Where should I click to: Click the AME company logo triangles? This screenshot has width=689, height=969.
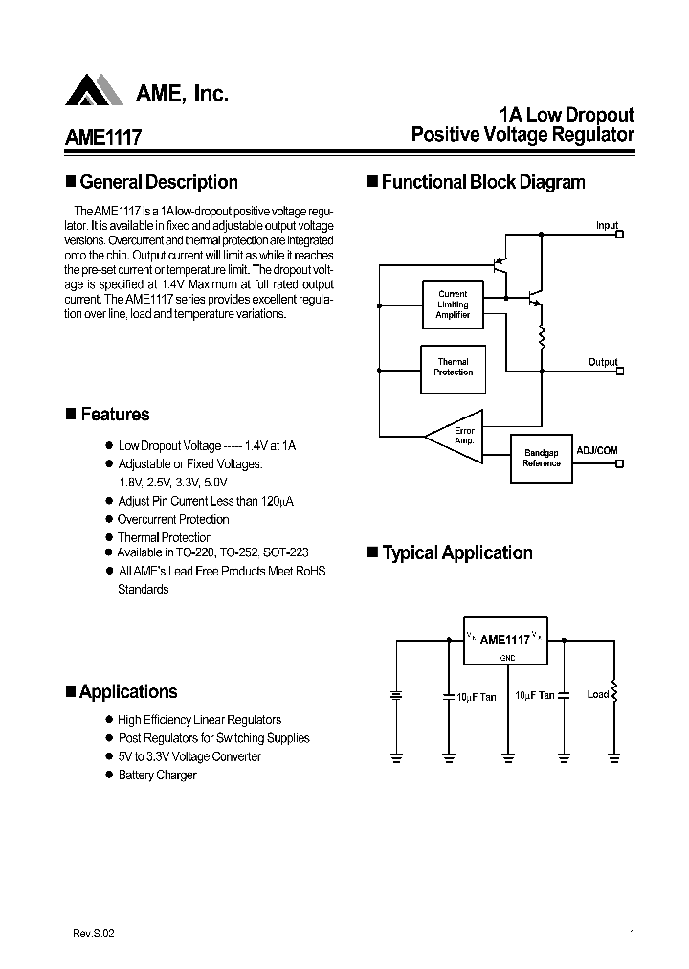click(95, 90)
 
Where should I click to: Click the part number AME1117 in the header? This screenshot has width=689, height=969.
click(103, 137)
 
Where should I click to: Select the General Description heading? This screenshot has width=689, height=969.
click(158, 182)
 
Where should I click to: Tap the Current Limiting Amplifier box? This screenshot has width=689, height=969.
click(453, 304)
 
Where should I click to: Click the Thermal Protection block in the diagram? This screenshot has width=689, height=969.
click(453, 367)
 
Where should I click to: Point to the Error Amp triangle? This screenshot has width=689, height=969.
click(454, 437)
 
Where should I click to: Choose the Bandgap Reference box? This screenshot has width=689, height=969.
click(542, 458)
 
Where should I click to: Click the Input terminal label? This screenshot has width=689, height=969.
click(607, 226)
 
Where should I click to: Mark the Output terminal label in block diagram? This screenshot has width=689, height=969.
click(603, 362)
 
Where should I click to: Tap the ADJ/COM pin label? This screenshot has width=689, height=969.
click(597, 449)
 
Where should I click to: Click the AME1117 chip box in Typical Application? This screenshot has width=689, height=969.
click(505, 639)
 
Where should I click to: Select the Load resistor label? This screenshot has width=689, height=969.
click(598, 694)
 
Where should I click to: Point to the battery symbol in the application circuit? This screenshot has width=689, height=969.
click(395, 696)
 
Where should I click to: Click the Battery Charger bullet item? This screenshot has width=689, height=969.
click(157, 776)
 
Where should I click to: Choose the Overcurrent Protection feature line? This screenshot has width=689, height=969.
click(173, 519)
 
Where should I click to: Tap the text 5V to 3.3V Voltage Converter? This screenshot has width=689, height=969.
click(189, 756)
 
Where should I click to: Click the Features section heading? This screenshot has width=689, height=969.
click(115, 415)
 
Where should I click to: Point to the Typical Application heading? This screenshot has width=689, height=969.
click(456, 552)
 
